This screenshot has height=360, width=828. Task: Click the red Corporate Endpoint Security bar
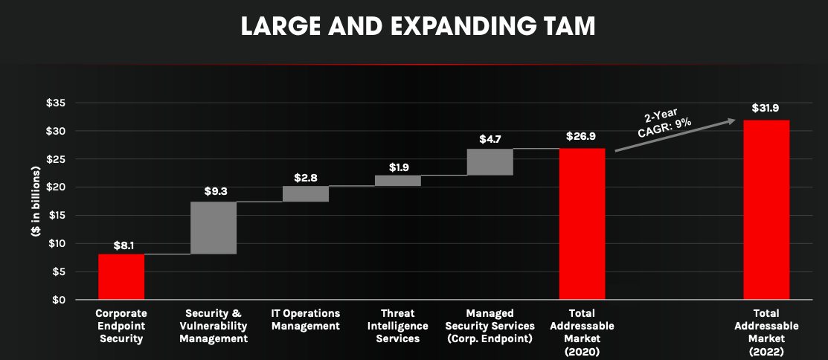point(121,277)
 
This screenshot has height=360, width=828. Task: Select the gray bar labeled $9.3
point(214,228)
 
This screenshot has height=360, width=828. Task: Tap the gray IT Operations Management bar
point(306,193)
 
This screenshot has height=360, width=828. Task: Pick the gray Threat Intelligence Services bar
point(398,181)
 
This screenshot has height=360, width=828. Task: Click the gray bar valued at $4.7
point(490,161)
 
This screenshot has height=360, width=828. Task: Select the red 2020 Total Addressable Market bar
point(583,224)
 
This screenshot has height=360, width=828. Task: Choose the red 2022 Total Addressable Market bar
point(766,210)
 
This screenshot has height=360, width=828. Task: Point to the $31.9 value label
point(766,109)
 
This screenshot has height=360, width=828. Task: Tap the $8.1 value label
point(121,243)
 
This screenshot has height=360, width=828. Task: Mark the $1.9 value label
point(398,167)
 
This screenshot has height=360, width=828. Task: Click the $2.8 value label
point(306,178)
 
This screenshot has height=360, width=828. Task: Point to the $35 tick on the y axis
point(58,103)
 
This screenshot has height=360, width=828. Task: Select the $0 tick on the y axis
point(62,300)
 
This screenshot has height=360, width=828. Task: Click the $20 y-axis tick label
point(58,187)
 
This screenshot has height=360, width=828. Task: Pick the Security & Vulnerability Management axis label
point(215,326)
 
